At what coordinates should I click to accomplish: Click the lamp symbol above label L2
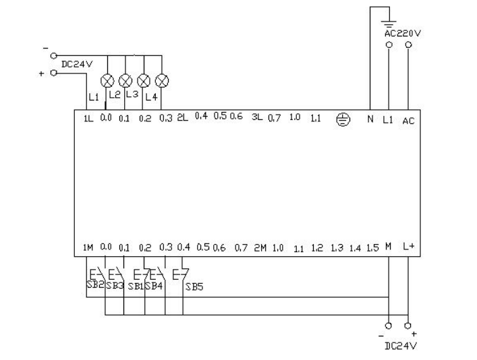[x=107, y=81]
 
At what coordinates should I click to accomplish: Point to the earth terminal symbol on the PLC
[x=343, y=119]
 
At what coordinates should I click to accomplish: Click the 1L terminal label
[x=88, y=119]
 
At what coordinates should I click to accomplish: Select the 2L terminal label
[x=182, y=118]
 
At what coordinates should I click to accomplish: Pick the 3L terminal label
[x=256, y=118]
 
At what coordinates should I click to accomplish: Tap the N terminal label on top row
[x=369, y=119]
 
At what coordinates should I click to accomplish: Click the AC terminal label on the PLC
[x=408, y=121]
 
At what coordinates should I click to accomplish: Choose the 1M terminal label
[x=88, y=248]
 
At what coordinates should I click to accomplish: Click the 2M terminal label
[x=260, y=248]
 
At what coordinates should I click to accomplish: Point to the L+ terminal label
[x=408, y=247]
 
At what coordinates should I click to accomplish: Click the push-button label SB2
[x=94, y=284]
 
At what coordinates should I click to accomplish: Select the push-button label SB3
[x=114, y=286]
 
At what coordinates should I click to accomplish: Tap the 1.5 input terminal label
[x=372, y=248]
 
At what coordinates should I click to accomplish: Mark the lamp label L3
[x=132, y=95]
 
